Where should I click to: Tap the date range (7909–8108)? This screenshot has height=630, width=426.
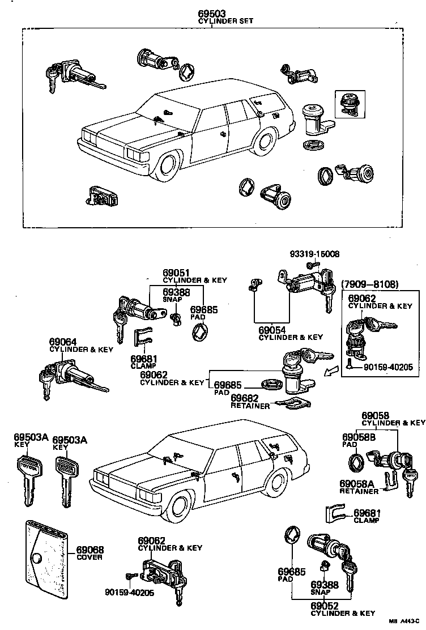(x=370, y=284)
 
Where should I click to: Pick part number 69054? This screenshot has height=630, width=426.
(x=272, y=330)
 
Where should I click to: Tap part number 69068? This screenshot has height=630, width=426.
(x=90, y=550)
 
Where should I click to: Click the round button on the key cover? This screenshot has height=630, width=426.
(x=37, y=559)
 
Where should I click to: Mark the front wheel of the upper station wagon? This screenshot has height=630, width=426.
(x=169, y=164)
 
